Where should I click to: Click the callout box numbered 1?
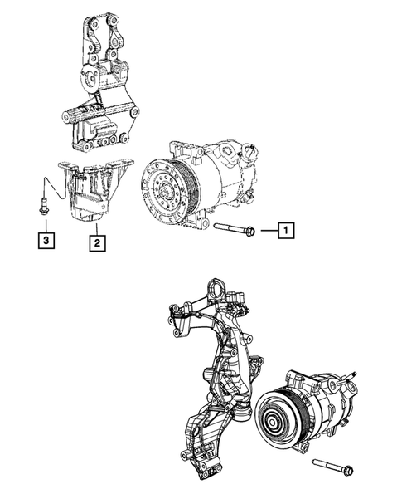pyautogui.click(x=284, y=232)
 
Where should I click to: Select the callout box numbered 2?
pyautogui.click(x=97, y=242)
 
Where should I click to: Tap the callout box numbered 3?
pyautogui.click(x=48, y=242)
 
